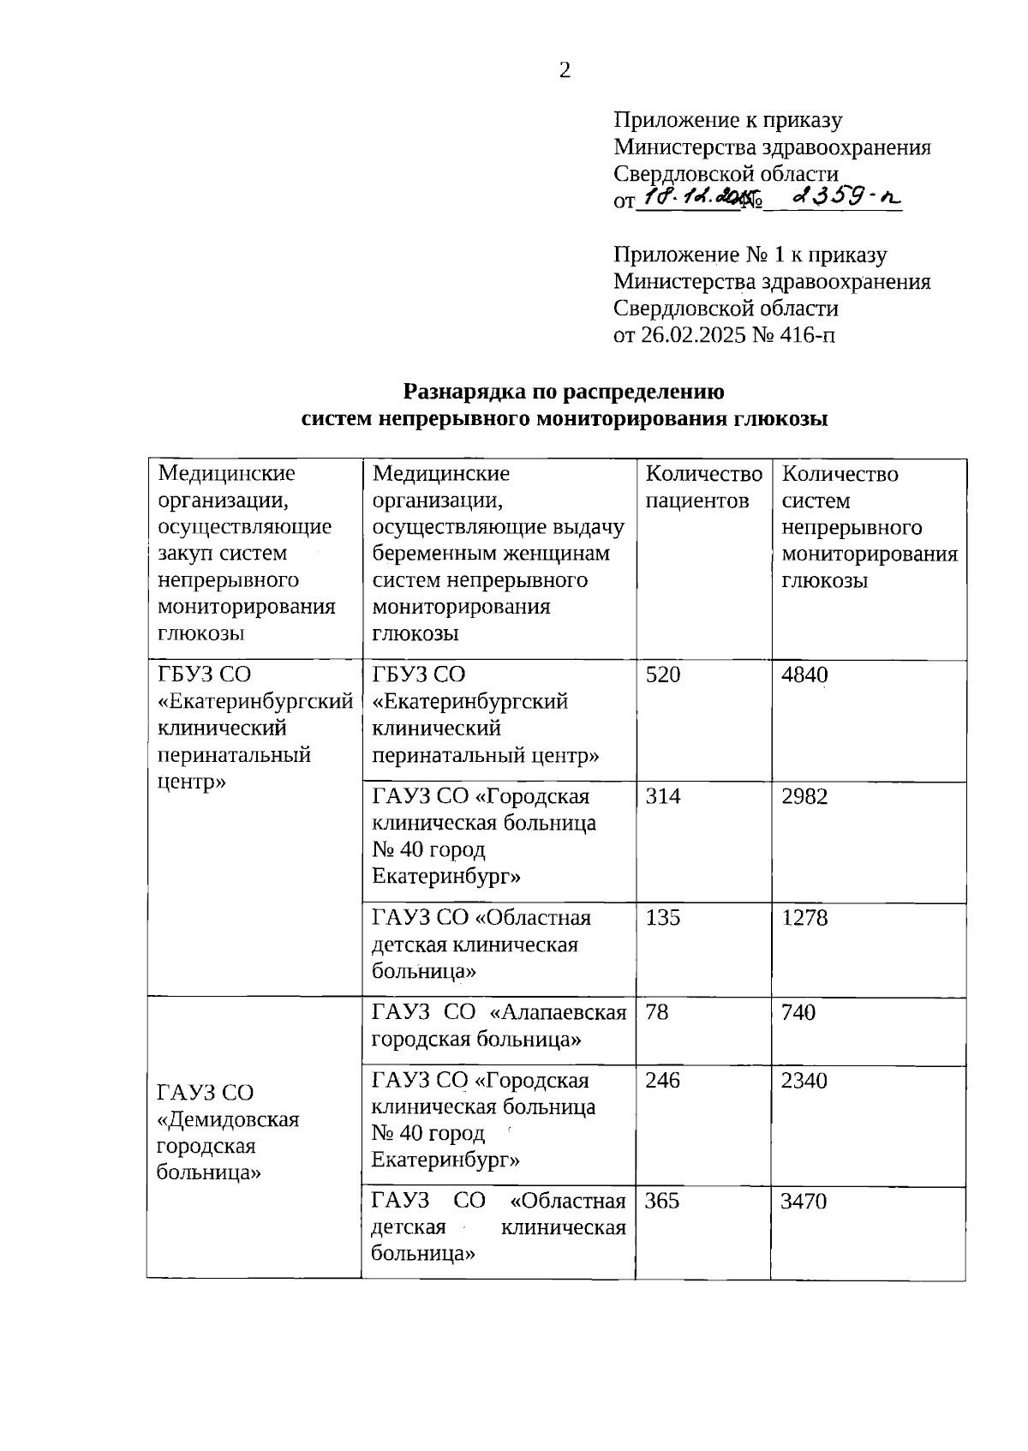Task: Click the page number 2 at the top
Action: (x=565, y=71)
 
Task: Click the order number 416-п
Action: (x=806, y=334)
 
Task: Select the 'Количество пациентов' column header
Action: (x=703, y=487)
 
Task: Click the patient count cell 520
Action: (x=663, y=675)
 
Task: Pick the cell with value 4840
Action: (x=804, y=675)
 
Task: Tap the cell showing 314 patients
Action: (x=663, y=796)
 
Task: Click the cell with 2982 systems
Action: (x=804, y=796)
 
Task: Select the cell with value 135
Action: (x=663, y=918)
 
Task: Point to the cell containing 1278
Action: (x=804, y=918)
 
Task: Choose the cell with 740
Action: (x=798, y=1012)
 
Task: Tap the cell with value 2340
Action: (x=804, y=1080)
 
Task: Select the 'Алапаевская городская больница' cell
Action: (x=499, y=1026)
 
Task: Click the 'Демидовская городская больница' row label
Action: (x=228, y=1132)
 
